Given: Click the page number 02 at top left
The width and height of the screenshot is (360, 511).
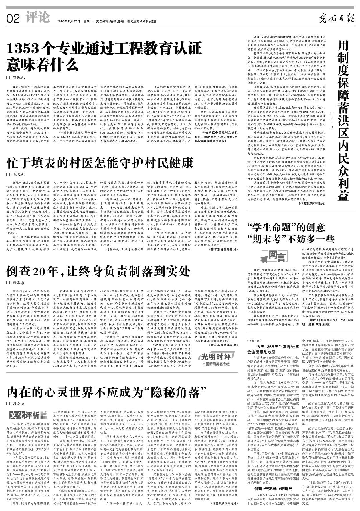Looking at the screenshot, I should click(13, 19).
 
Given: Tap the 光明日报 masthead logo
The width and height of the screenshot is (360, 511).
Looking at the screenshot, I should click(336, 19).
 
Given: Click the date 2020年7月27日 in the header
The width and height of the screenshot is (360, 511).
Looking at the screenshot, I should click(68, 21).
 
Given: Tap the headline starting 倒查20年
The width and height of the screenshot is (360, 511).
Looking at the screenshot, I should click(98, 271).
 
